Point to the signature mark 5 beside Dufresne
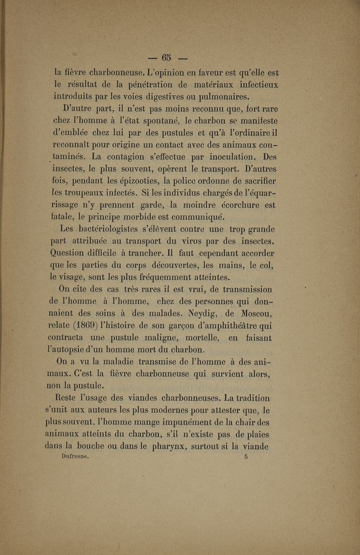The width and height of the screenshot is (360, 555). tap(246, 456)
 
